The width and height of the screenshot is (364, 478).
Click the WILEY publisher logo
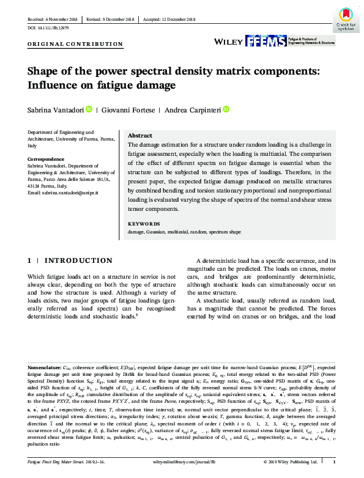pos(228,41)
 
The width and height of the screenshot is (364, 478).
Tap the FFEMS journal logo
pos(254,41)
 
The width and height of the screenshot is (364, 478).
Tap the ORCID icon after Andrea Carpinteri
pos(226,109)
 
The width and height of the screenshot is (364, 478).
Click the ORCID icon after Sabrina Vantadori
pos(89,109)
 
